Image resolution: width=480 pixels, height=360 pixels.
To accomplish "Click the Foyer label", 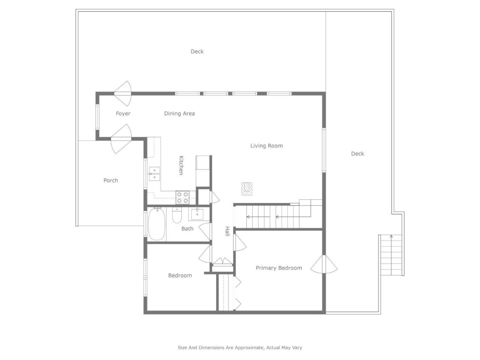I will (123, 113).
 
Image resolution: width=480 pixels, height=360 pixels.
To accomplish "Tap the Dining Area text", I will (179, 113).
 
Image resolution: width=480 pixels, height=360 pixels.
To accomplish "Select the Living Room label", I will (266, 145).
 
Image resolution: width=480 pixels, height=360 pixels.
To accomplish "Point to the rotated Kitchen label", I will (181, 165).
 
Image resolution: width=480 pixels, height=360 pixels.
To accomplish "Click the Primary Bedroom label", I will (279, 268).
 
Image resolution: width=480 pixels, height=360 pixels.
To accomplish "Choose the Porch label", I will (111, 180).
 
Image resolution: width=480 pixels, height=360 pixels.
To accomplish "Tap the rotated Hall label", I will (227, 231).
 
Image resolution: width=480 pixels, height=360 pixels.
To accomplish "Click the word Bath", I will (187, 228).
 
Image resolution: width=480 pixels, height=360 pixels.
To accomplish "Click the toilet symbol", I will (177, 216).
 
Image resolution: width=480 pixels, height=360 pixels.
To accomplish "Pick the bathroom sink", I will (197, 214).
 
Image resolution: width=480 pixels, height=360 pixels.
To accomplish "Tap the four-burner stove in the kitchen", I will (183, 197).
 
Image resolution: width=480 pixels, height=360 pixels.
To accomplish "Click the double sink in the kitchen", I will (154, 174).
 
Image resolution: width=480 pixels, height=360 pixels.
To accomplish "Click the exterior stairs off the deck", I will (391, 255).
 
